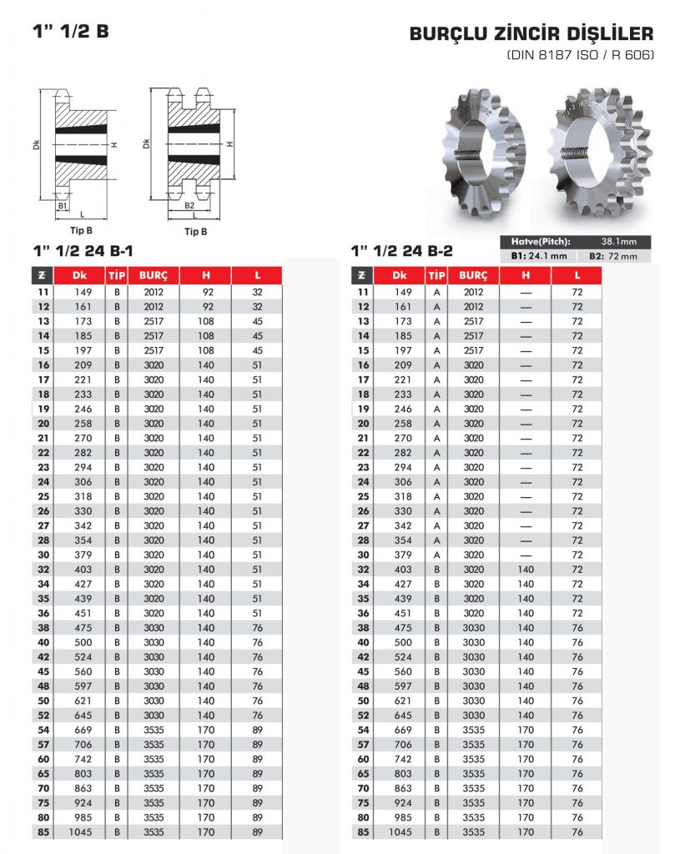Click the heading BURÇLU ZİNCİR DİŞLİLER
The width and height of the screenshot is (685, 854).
(x=531, y=35)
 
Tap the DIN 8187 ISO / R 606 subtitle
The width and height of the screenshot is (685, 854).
(x=581, y=56)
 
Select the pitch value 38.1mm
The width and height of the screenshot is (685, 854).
(x=618, y=242)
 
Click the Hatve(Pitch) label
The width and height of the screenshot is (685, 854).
(x=546, y=242)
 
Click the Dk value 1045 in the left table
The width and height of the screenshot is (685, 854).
(x=79, y=832)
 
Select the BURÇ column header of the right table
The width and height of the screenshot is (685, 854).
(x=473, y=275)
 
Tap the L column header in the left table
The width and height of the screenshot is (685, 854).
(x=258, y=275)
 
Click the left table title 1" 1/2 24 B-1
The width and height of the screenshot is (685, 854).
(x=83, y=250)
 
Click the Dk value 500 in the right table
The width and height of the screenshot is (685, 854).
(x=403, y=642)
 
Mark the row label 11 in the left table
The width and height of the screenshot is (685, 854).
(x=43, y=293)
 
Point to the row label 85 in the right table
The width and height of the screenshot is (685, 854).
(x=363, y=832)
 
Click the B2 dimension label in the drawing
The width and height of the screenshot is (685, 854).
(x=189, y=205)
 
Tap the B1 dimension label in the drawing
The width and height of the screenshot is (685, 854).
(x=63, y=205)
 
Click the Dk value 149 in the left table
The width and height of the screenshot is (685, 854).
(x=79, y=293)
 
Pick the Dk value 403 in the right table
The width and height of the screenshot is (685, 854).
(x=403, y=570)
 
